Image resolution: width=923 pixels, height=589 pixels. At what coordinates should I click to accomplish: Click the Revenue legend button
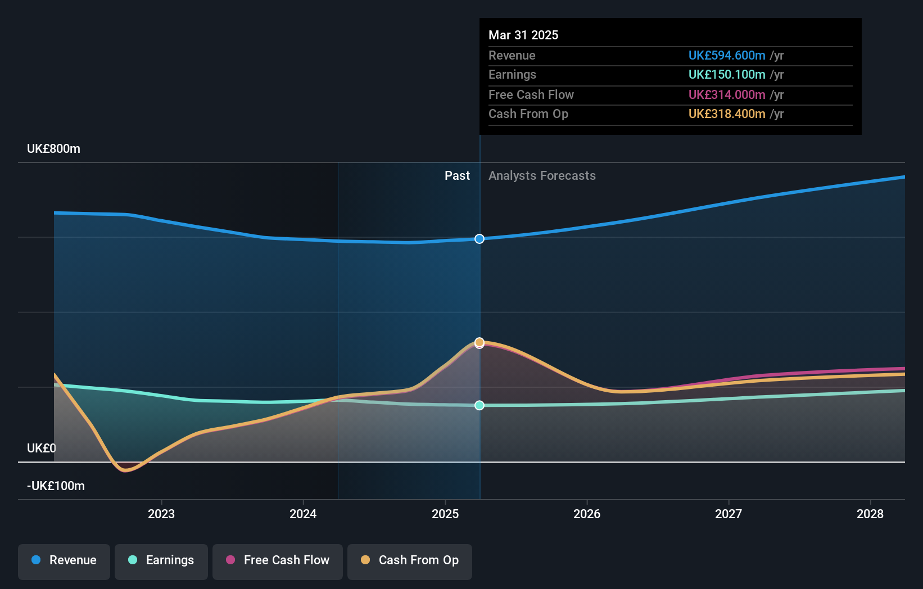click(x=64, y=561)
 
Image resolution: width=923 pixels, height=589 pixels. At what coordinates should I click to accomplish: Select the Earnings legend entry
click(x=161, y=561)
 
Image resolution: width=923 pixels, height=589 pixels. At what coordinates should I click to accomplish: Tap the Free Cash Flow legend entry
click(x=278, y=561)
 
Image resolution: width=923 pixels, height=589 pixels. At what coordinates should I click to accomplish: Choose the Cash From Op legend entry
click(x=410, y=561)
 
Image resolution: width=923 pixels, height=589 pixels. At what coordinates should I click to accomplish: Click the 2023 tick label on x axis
click(x=161, y=514)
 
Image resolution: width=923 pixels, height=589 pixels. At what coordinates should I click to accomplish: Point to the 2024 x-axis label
click(x=303, y=514)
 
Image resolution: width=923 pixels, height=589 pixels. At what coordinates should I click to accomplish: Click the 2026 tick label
click(x=587, y=514)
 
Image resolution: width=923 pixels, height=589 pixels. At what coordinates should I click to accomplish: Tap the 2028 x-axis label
click(x=870, y=514)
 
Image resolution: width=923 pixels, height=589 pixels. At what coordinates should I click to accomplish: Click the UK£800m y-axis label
click(x=53, y=149)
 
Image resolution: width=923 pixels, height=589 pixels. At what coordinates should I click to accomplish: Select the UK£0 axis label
click(x=42, y=448)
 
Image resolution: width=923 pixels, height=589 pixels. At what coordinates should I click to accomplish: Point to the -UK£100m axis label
click(x=56, y=486)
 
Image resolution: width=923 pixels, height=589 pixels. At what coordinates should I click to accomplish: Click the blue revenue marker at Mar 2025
click(x=479, y=239)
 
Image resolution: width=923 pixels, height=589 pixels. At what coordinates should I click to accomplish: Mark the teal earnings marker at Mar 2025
click(x=479, y=405)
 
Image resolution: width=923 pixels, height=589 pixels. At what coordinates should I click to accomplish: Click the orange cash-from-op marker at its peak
click(x=479, y=342)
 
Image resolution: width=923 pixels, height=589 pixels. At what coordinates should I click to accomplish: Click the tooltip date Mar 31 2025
click(x=523, y=35)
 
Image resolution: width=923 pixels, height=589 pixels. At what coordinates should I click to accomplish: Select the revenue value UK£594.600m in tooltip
click(x=727, y=56)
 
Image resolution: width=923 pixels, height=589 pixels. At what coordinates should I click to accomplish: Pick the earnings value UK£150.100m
click(x=727, y=75)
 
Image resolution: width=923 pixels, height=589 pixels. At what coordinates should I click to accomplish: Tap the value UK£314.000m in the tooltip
click(x=727, y=95)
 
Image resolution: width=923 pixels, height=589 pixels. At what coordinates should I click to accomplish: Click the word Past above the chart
click(x=457, y=176)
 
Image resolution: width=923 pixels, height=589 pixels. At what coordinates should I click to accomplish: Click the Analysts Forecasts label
click(x=542, y=176)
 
